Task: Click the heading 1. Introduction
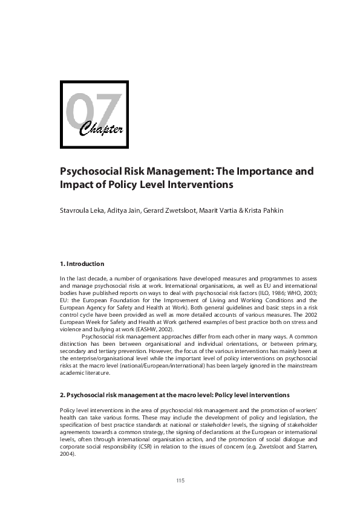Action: point(82,264)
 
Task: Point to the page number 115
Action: point(180,481)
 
